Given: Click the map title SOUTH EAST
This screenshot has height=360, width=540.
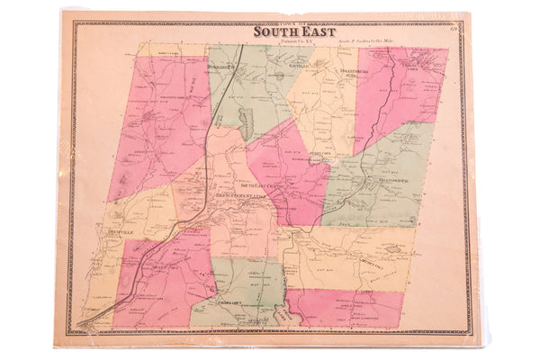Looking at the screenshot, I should (x=283, y=31).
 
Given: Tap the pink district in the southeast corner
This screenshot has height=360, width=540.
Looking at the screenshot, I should (x=346, y=306).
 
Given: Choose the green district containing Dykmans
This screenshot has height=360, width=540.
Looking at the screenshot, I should (x=243, y=90).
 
